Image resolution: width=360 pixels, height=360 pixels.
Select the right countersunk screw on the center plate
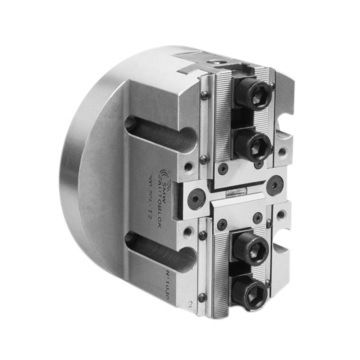(275, 185)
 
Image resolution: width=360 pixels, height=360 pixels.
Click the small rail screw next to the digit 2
(203, 297)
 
